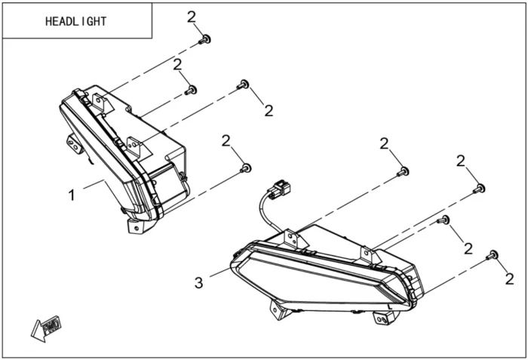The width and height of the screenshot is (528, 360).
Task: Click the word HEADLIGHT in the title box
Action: tap(76, 21)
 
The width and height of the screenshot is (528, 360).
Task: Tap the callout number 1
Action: tap(72, 195)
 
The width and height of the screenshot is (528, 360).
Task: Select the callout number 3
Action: tap(198, 283)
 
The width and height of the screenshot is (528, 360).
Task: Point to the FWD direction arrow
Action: tap(46, 327)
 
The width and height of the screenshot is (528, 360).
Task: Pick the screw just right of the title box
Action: tap(204, 38)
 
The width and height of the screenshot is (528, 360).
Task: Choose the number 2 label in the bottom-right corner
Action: tap(511, 279)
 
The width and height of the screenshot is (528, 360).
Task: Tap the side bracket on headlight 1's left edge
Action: tap(74, 143)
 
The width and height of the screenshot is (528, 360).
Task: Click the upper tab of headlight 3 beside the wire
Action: tap(293, 236)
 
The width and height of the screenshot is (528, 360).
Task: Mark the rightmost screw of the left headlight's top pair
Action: tap(243, 85)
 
